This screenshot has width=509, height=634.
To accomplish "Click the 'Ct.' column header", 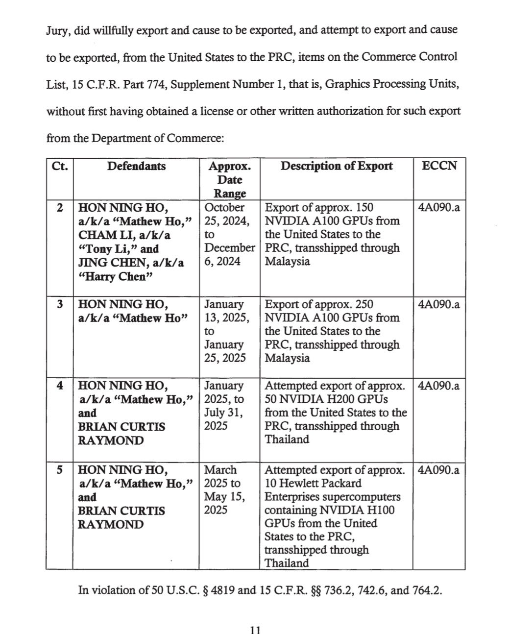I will coord(59,166).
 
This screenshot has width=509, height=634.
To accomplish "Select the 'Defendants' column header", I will coord(136,166).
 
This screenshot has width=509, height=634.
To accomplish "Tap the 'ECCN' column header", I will coord(439,166).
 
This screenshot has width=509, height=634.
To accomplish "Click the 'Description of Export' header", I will coord(336,166).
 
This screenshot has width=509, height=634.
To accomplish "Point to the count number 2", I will coord(59,207).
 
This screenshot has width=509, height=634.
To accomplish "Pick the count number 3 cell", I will coord(59,304).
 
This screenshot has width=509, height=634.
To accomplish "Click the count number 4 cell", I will coord(59,386).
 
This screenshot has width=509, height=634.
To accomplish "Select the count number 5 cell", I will coord(59,470).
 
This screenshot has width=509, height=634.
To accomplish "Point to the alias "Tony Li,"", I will coord(108,249).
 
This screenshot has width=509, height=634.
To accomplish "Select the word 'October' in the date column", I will coord(224,207).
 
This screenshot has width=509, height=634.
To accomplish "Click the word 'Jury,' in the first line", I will coord(59,30).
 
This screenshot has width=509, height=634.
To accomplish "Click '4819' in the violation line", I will coord(222,590).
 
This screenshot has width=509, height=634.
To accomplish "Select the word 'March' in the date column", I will coord(220,470).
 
